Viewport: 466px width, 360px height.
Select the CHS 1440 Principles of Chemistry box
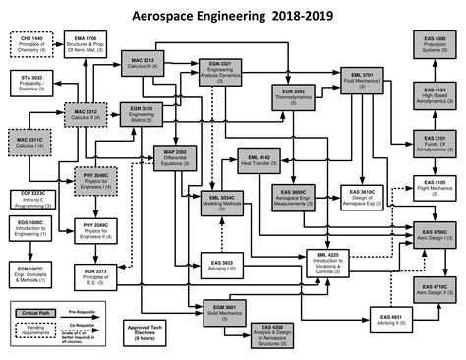click(x=30, y=45)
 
